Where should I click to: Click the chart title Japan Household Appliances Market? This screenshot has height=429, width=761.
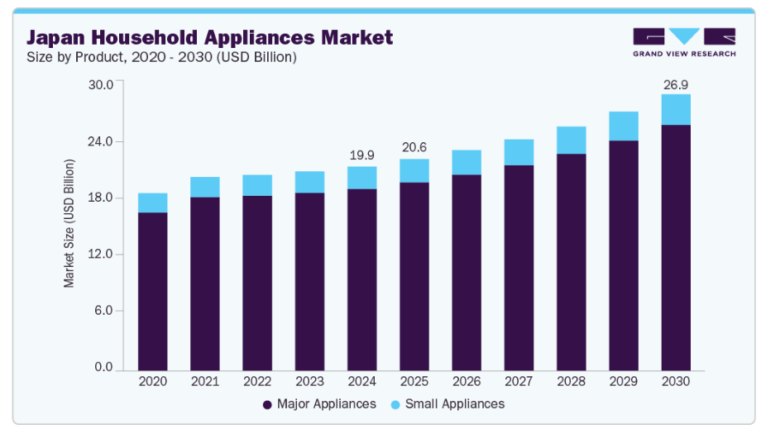pyautogui.click(x=210, y=37)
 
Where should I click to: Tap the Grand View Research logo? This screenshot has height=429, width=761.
pyautogui.click(x=683, y=42)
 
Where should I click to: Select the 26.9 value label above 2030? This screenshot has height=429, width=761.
pyautogui.click(x=676, y=84)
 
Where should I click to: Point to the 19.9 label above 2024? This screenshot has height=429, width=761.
pyautogui.click(x=362, y=155)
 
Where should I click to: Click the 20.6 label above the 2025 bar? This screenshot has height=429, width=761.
pyautogui.click(x=414, y=147)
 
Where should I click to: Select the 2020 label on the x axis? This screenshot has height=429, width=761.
pyautogui.click(x=153, y=382)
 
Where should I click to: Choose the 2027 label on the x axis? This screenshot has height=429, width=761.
pyautogui.click(x=519, y=382)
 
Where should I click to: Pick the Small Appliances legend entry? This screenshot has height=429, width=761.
pyautogui.click(x=446, y=404)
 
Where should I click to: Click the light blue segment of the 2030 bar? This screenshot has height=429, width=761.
pyautogui.click(x=676, y=109)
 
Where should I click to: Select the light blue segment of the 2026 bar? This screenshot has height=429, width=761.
pyautogui.click(x=467, y=162)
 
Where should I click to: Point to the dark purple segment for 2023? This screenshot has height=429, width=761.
pyautogui.click(x=310, y=282)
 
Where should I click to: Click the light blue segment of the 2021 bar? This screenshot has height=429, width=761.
pyautogui.click(x=205, y=187)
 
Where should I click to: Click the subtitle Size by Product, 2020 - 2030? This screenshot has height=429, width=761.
pyautogui.click(x=161, y=57)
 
